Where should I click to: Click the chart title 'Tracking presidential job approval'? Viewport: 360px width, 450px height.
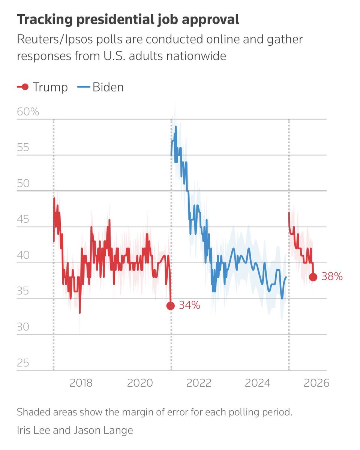pyautogui.click(x=128, y=20)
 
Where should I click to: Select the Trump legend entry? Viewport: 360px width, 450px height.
pyautogui.click(x=42, y=87)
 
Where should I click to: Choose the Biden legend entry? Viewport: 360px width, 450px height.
pyautogui.click(x=100, y=87)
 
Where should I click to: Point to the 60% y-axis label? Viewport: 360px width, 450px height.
pyautogui.click(x=28, y=112)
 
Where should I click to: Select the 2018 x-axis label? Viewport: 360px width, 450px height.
pyautogui.click(x=81, y=383)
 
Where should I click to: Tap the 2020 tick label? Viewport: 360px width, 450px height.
pyautogui.click(x=140, y=383)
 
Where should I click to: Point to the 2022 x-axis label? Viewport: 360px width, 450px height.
pyautogui.click(x=199, y=383)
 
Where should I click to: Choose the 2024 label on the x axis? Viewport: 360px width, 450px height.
pyautogui.click(x=257, y=383)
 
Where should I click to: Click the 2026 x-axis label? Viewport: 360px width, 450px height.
pyautogui.click(x=316, y=383)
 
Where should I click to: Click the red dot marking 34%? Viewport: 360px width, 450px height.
pyautogui.click(x=171, y=306)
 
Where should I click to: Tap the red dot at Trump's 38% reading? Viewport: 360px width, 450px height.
pyautogui.click(x=313, y=277)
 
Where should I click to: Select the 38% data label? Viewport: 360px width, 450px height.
pyautogui.click(x=332, y=277)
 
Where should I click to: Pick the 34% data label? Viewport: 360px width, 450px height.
pyautogui.click(x=189, y=306)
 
